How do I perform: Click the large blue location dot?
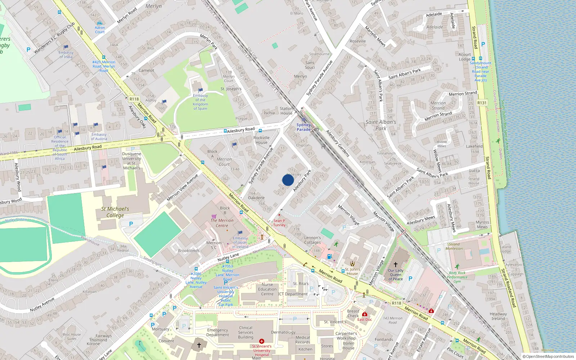(x=288, y=180)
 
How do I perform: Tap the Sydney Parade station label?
(x=303, y=127)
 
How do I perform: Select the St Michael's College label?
(x=115, y=212)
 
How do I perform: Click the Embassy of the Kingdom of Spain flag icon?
(x=201, y=90)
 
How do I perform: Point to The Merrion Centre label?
(x=222, y=223)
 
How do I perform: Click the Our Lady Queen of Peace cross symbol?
(x=395, y=264)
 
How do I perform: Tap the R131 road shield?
(x=482, y=103)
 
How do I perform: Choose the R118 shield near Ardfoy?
(x=134, y=99)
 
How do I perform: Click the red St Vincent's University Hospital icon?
(x=262, y=341)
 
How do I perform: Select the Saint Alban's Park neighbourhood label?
(x=381, y=125)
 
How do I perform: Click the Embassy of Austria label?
(x=99, y=136)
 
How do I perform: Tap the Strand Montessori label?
(x=454, y=246)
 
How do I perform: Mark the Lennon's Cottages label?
(x=312, y=240)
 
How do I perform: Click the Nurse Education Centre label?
(x=267, y=289)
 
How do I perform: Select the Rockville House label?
(x=261, y=140)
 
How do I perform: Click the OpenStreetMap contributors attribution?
(x=548, y=357)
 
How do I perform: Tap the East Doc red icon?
(x=365, y=314)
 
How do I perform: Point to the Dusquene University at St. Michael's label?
(x=132, y=161)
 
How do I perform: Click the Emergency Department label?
(x=217, y=332)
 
